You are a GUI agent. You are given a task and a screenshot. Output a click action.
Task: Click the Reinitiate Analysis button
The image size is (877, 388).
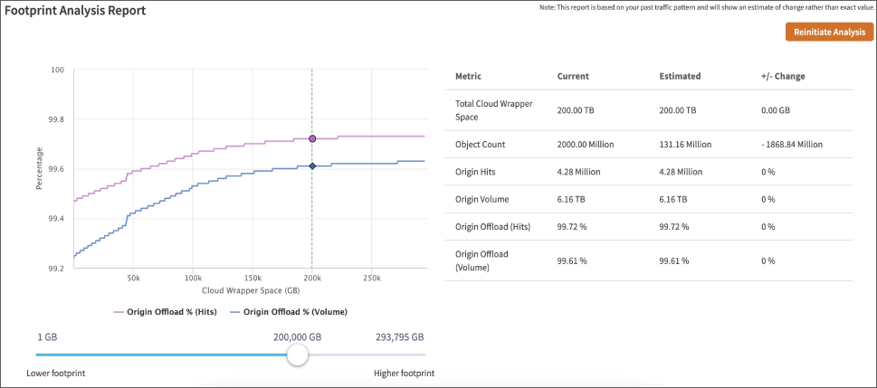[829, 33]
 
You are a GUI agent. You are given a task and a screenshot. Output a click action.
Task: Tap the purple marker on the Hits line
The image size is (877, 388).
[312, 139]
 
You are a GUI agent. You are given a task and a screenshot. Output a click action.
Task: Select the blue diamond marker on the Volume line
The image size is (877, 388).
[312, 166]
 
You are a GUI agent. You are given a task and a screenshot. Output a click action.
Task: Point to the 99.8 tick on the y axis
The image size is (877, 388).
[56, 119]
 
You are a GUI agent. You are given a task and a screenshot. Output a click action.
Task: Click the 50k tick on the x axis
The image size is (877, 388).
[133, 279]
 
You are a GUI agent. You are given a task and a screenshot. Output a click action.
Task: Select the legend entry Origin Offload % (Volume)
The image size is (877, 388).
[290, 312]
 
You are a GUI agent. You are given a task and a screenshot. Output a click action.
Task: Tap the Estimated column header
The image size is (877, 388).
[680, 76]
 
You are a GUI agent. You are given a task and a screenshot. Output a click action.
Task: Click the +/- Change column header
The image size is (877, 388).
[783, 76]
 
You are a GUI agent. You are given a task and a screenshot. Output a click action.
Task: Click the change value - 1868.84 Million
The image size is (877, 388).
[792, 144]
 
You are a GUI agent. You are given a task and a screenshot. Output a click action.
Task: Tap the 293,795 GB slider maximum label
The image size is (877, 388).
[399, 336]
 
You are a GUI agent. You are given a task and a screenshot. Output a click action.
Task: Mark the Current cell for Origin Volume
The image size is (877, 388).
[572, 199]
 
